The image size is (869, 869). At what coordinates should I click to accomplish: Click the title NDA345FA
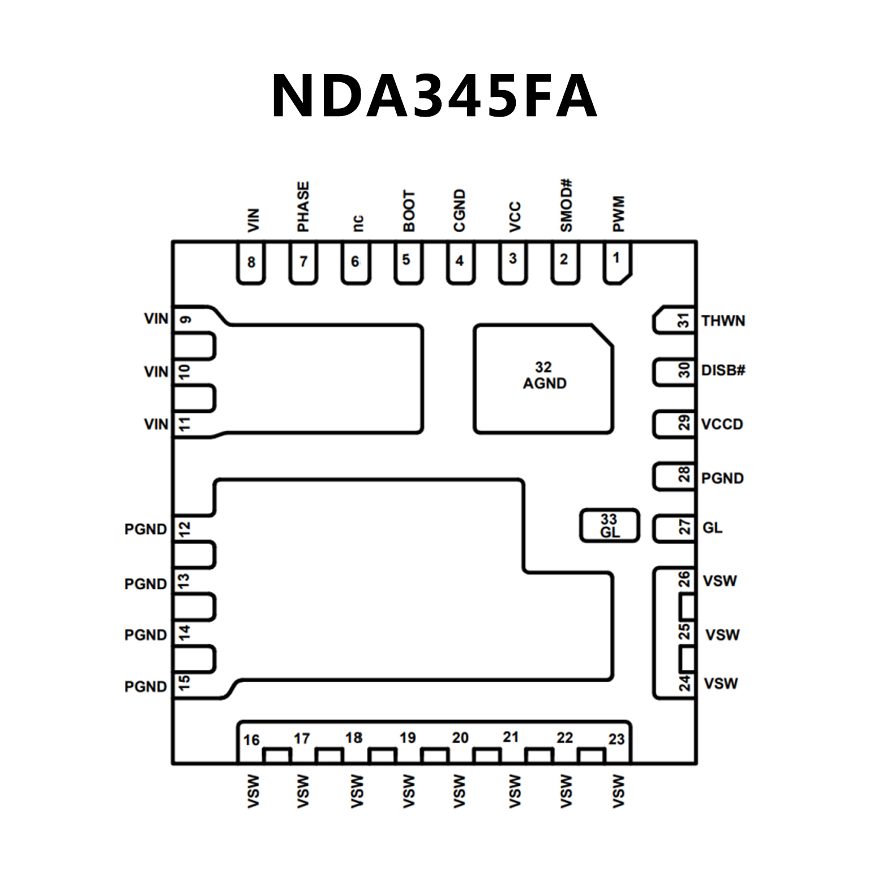click(434, 96)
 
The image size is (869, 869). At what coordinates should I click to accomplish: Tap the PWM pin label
click(618, 214)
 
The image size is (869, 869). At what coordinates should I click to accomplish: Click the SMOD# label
click(566, 206)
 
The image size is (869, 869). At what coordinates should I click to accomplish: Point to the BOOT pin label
click(409, 211)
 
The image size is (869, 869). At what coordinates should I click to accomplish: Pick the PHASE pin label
click(303, 207)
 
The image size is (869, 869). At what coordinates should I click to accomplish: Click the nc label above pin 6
click(357, 222)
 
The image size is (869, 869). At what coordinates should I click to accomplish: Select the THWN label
click(723, 321)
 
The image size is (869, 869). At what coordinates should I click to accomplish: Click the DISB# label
click(723, 370)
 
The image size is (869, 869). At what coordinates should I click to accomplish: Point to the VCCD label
click(722, 424)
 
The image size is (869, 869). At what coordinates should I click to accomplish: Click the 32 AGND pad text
click(544, 376)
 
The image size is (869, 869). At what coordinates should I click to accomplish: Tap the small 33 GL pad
click(610, 526)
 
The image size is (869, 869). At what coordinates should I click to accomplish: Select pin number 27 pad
click(674, 528)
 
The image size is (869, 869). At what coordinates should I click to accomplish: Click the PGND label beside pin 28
click(722, 478)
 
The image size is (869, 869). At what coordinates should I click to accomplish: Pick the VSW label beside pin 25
click(722, 635)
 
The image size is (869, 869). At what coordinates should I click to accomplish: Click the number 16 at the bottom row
click(251, 740)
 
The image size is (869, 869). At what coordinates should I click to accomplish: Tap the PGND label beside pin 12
click(145, 529)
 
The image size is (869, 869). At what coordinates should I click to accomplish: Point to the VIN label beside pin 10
click(156, 372)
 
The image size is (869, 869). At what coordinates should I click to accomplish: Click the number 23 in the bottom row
click(617, 739)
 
